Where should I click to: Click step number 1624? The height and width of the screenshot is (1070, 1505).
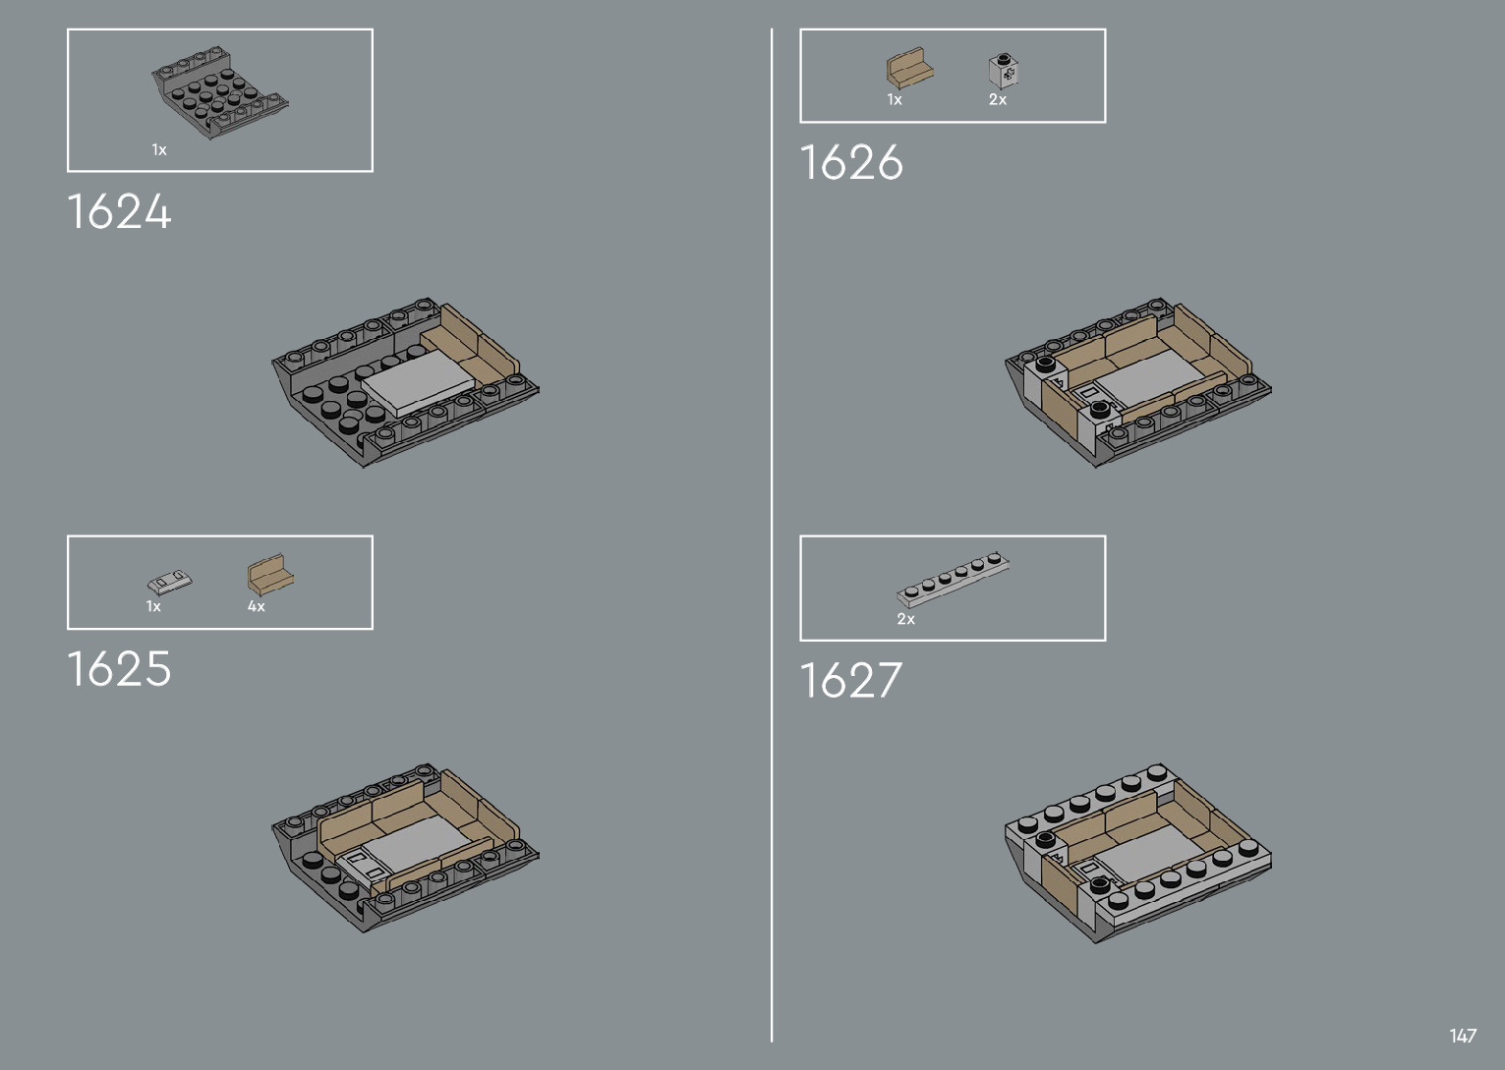[x=119, y=212]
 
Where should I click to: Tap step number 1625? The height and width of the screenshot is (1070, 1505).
[x=119, y=669]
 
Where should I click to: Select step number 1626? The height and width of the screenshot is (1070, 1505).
[x=851, y=162]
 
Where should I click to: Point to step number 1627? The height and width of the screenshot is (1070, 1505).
[x=851, y=680]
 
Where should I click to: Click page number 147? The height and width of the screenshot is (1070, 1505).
[x=1462, y=1036]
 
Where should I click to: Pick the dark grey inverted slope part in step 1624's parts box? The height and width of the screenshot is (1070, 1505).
[x=219, y=91]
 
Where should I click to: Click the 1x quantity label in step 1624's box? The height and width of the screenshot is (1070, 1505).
[x=159, y=149]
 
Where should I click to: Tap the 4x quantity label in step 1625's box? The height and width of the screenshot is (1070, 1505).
[x=257, y=606]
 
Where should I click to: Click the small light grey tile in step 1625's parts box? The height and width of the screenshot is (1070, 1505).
[x=169, y=582]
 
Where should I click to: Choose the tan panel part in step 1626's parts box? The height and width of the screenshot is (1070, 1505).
[x=909, y=70]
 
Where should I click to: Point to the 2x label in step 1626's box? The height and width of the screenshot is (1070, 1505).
[x=998, y=99]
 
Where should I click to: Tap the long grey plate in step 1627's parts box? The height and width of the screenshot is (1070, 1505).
[x=954, y=579]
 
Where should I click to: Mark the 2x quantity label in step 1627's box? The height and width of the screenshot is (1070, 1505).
[x=906, y=619]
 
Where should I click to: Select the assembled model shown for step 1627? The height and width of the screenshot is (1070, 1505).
[x=1138, y=851]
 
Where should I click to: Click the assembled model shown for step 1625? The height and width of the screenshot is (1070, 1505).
[x=405, y=846]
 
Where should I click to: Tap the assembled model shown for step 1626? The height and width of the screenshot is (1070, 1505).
[x=1138, y=383]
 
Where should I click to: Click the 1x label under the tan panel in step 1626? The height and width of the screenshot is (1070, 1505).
[x=895, y=99]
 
